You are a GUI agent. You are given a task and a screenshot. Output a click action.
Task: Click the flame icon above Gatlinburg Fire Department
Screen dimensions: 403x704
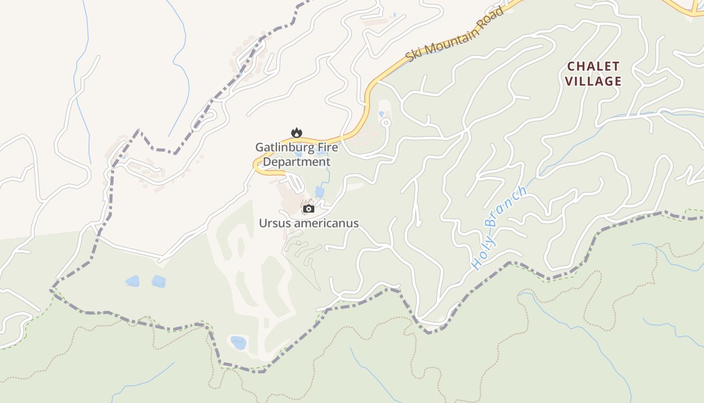[x=297, y=133]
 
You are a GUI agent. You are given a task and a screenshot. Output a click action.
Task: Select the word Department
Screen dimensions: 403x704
[x=297, y=162]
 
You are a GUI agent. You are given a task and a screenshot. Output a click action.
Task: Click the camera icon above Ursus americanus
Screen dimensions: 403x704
[x=309, y=209]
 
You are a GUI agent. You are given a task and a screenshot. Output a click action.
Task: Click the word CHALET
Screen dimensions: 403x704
[x=593, y=66]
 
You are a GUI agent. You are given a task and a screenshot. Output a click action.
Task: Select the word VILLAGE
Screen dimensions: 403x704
[x=593, y=81]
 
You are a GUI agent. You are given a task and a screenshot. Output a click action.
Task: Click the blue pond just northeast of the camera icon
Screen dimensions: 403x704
[x=320, y=192]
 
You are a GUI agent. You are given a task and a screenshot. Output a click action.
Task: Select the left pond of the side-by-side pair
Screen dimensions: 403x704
[x=132, y=281]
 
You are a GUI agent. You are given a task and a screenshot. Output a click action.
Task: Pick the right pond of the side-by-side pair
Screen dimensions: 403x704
[x=158, y=282]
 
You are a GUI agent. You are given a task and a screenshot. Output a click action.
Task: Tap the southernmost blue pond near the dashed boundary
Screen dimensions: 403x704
[x=238, y=343]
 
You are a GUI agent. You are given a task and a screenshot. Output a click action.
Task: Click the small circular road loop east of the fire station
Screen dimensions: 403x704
[x=386, y=122]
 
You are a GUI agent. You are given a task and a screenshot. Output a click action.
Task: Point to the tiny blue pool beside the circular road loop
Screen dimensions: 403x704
[x=381, y=113]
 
